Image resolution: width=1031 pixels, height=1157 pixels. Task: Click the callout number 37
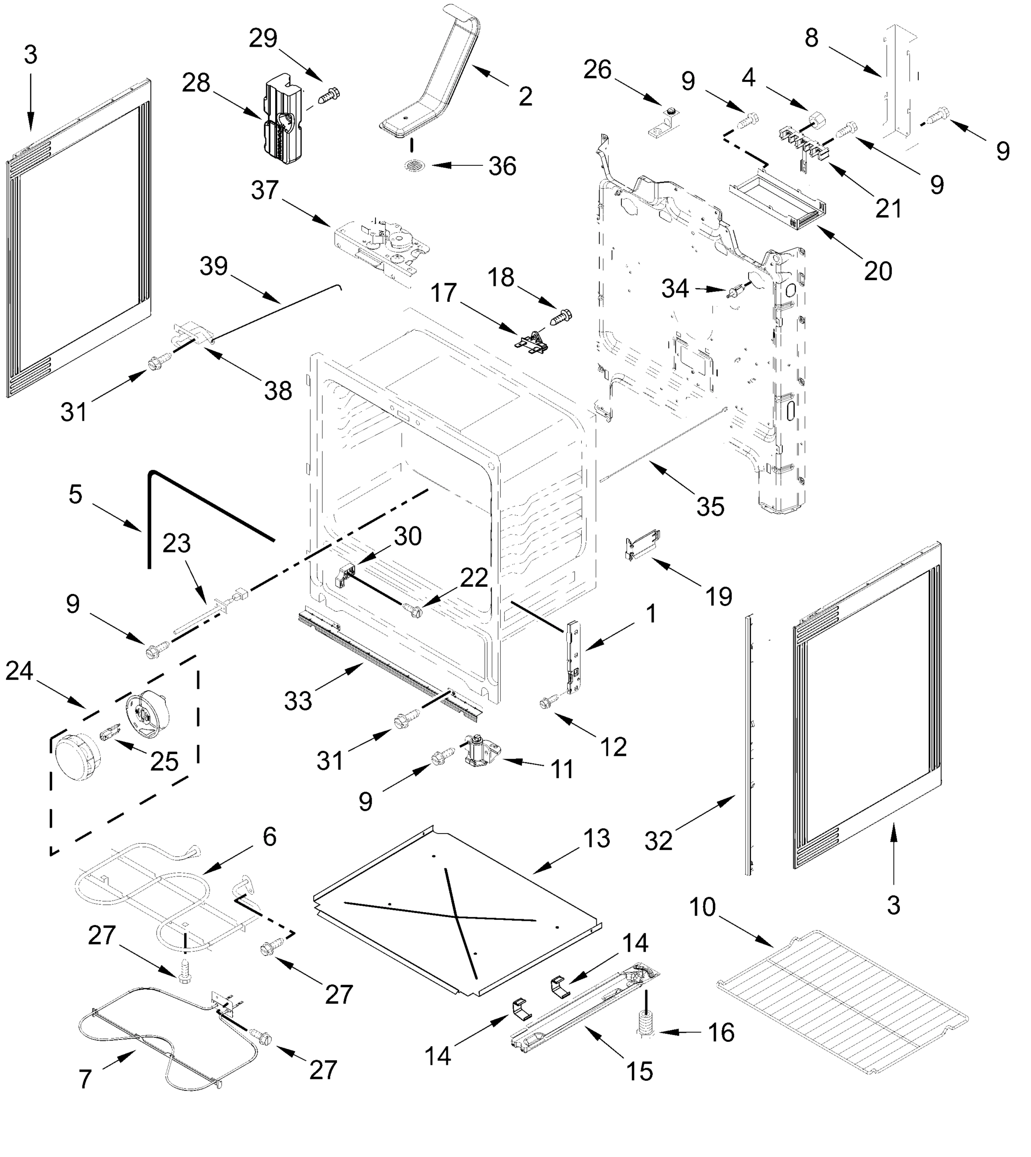(x=265, y=190)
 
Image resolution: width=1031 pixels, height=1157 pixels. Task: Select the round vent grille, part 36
(x=415, y=166)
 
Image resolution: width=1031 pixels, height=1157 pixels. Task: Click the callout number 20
(x=878, y=271)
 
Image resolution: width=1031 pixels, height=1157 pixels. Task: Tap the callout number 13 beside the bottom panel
(x=597, y=838)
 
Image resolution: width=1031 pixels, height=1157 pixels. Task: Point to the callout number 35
(x=710, y=507)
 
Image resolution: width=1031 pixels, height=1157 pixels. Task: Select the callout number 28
(x=196, y=83)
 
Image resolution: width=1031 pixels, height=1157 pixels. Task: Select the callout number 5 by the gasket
(x=75, y=494)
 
